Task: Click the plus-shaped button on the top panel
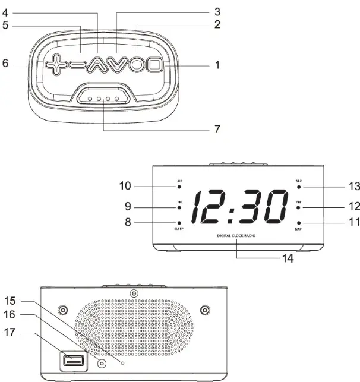(x=55, y=64)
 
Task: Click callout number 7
(x=217, y=128)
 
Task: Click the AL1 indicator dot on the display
(x=179, y=187)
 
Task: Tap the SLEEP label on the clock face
(x=179, y=229)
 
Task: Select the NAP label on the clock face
(x=299, y=229)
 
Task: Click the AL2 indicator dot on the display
(x=299, y=187)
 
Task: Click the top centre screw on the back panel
(x=135, y=293)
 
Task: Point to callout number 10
(x=125, y=187)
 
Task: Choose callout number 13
(x=354, y=187)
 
